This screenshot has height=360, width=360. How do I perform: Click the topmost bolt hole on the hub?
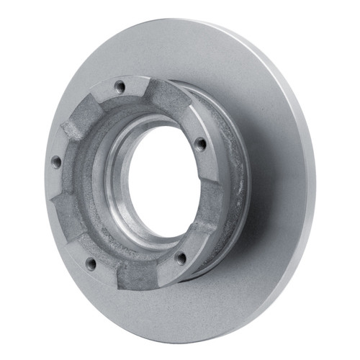click(x=120, y=87)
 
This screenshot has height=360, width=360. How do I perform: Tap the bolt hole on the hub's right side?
click(x=201, y=143)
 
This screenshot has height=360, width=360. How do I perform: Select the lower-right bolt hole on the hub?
click(x=181, y=256)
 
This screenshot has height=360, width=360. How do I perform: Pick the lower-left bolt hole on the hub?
click(x=91, y=263)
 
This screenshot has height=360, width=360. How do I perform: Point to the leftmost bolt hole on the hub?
click(x=55, y=162)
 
